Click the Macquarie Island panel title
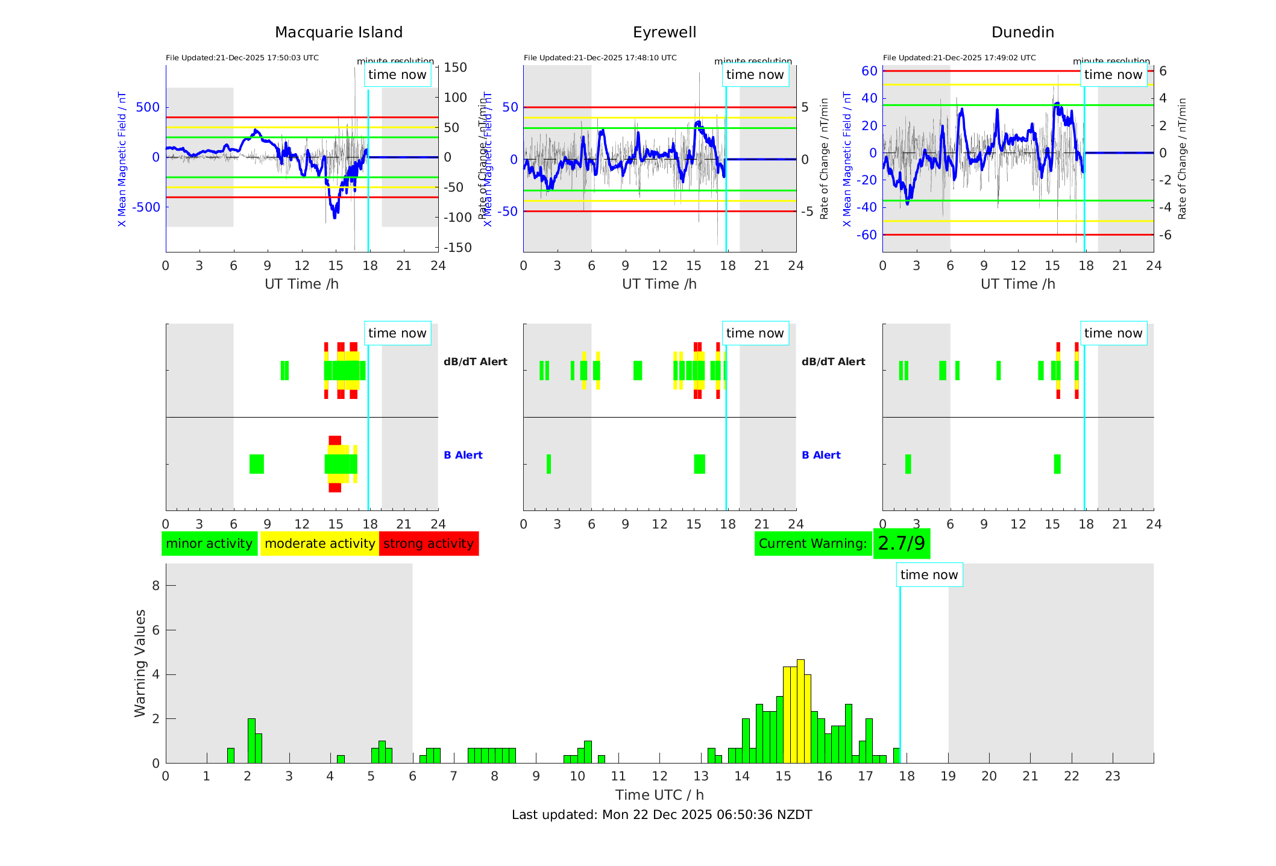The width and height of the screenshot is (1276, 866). (338, 33)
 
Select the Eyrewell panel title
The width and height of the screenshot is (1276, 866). (664, 33)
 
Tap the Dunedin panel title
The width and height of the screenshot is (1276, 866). (1022, 33)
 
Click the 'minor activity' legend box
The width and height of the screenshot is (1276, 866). (209, 544)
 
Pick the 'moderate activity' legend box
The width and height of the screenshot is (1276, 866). (319, 544)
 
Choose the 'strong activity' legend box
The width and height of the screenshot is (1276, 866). (429, 544)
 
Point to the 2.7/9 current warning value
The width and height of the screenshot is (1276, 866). (901, 544)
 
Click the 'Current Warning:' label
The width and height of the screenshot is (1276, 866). (812, 544)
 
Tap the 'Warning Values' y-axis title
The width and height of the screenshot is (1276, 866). (140, 663)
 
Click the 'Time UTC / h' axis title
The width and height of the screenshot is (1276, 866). (659, 795)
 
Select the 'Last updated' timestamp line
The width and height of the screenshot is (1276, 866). (662, 815)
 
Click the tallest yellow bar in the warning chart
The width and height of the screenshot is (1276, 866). (800, 711)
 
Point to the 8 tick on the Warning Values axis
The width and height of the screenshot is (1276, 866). (156, 586)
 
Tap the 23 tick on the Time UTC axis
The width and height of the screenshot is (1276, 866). (1112, 776)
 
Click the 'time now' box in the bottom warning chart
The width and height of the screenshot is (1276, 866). (929, 575)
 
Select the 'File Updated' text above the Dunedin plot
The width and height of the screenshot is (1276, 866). (959, 58)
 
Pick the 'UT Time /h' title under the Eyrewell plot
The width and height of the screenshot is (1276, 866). (659, 284)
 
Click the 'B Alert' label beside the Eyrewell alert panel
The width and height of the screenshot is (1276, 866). (821, 455)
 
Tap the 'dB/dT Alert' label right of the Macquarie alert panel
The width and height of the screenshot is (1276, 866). (475, 362)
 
